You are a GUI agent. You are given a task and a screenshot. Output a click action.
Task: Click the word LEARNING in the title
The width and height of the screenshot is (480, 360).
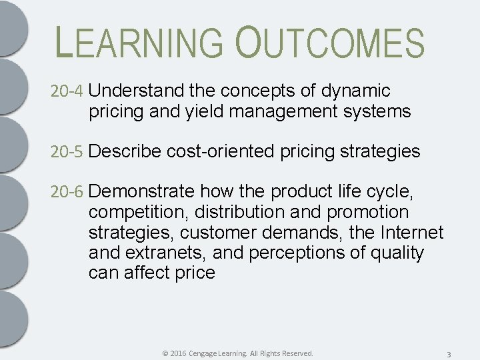click(141, 43)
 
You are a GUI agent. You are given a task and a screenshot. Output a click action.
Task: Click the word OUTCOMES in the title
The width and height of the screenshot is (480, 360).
click(329, 43)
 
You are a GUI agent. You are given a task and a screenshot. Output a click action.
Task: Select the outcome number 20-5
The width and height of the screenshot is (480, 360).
click(67, 152)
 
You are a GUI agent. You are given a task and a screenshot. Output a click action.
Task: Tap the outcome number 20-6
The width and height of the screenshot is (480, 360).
click(67, 193)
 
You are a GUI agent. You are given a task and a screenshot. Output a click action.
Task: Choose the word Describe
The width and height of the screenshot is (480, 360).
click(125, 152)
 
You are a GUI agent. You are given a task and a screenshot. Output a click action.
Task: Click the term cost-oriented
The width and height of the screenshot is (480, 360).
click(220, 152)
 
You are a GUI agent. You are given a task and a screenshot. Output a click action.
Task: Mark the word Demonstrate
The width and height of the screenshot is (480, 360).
click(141, 193)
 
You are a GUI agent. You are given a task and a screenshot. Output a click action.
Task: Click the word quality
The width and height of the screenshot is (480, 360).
click(398, 253)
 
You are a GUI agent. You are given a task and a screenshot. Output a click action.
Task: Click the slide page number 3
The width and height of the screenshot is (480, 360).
click(449, 353)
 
